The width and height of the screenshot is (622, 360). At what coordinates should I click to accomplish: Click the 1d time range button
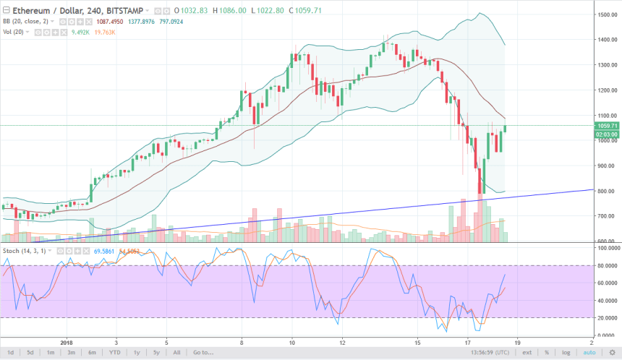click(x=9, y=352)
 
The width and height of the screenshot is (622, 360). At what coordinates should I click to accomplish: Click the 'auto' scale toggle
click(x=588, y=352)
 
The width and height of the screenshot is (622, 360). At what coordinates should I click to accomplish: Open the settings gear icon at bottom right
click(x=610, y=352)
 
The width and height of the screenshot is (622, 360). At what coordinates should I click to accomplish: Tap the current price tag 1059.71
click(x=604, y=126)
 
